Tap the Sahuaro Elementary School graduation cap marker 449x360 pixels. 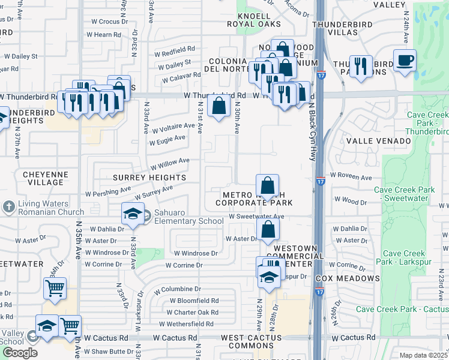pyautogui.click(x=133, y=214)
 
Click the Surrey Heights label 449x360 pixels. pyautogui.click(x=150, y=178)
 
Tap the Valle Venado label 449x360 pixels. pyautogui.click(x=379, y=141)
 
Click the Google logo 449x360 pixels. pyautogui.click(x=20, y=353)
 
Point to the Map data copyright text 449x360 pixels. pyautogui.click(x=423, y=355)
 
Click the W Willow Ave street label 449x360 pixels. pyautogui.click(x=170, y=164)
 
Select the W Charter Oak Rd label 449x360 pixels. pyautogui.click(x=193, y=312)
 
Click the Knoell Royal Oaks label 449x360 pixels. pyautogui.click(x=255, y=20)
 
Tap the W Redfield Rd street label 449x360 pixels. pyautogui.click(x=175, y=49)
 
